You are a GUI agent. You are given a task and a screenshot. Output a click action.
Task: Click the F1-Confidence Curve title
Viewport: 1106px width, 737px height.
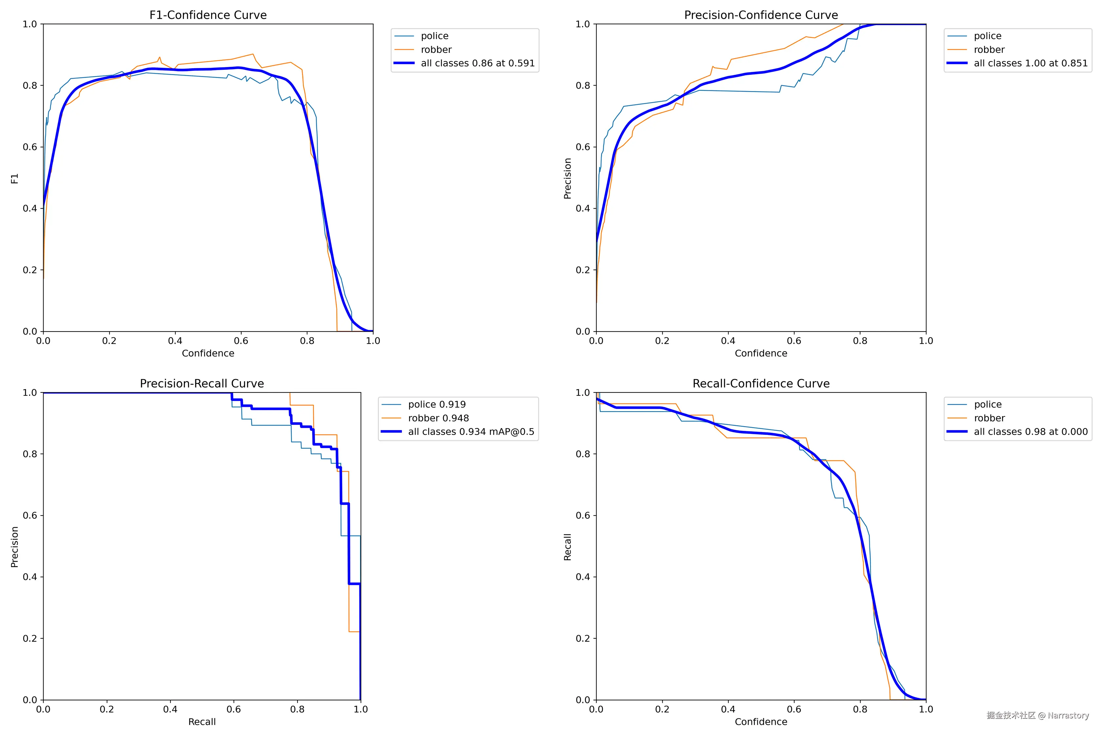pos(208,15)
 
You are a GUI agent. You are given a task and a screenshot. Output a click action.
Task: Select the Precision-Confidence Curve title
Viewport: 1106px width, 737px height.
pos(761,15)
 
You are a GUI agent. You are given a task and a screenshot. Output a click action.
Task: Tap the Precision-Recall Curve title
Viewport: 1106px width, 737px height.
pos(202,384)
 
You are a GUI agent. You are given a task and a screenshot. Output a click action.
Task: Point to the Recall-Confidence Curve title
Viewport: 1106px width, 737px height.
pos(761,384)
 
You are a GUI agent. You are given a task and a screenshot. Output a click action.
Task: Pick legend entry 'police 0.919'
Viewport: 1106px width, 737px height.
pos(437,405)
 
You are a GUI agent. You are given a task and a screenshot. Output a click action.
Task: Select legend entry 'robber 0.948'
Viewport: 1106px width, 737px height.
pos(438,418)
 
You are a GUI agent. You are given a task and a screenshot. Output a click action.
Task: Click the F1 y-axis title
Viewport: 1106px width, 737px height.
pos(14,179)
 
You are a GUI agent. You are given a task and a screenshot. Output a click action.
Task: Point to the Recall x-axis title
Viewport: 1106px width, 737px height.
pos(202,722)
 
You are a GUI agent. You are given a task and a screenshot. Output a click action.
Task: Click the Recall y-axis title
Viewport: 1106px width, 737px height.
pos(568,547)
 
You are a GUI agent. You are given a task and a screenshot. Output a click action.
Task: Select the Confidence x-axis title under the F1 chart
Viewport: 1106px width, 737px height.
pos(208,353)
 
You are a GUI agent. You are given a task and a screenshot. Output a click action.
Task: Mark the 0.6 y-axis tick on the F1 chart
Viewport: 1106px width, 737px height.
pos(29,147)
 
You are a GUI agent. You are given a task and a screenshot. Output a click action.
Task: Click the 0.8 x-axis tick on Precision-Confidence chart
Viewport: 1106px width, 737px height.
pos(860,341)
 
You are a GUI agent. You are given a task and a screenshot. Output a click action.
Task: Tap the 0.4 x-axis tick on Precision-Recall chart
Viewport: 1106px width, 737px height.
pos(170,709)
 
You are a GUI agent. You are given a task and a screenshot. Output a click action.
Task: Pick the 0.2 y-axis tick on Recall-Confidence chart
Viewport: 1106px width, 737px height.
pos(583,639)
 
